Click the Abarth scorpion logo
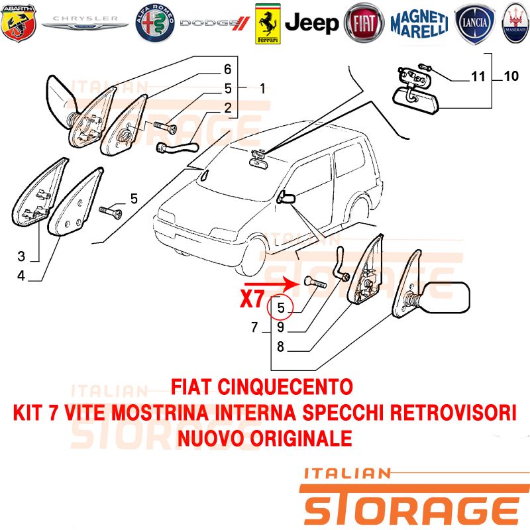coord(19,23)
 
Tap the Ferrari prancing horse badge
coord(268,24)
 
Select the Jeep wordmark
coord(311,23)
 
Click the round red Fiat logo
coord(364,23)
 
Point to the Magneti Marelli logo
coord(419,23)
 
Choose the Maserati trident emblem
coord(515,23)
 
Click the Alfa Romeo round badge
coord(155,23)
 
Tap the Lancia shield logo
coord(475,24)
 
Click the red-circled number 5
coord(280,307)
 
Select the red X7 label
coord(252,299)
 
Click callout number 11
coord(478,76)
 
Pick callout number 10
coord(511,76)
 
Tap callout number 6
coord(227,70)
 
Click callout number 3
coord(21,256)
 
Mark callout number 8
coord(280,346)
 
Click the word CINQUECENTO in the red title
coord(285,387)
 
